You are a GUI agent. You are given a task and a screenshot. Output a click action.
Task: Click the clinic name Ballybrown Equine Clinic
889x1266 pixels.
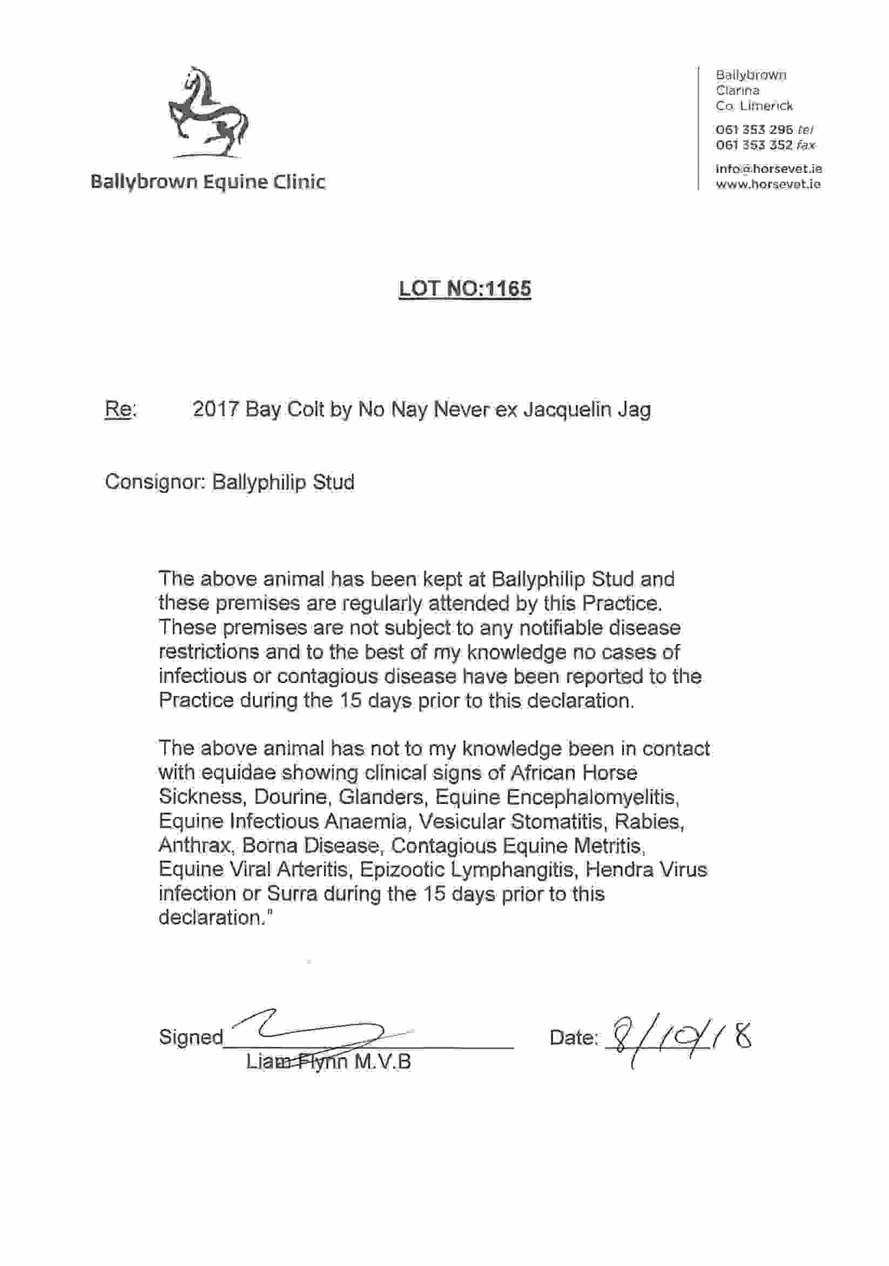tap(208, 182)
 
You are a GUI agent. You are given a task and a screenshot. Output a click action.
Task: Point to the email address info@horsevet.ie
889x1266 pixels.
tap(769, 169)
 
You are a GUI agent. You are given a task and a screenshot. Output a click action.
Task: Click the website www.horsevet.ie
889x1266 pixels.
tap(767, 184)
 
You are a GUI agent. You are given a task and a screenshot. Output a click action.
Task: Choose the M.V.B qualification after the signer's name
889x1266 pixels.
tap(382, 1061)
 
